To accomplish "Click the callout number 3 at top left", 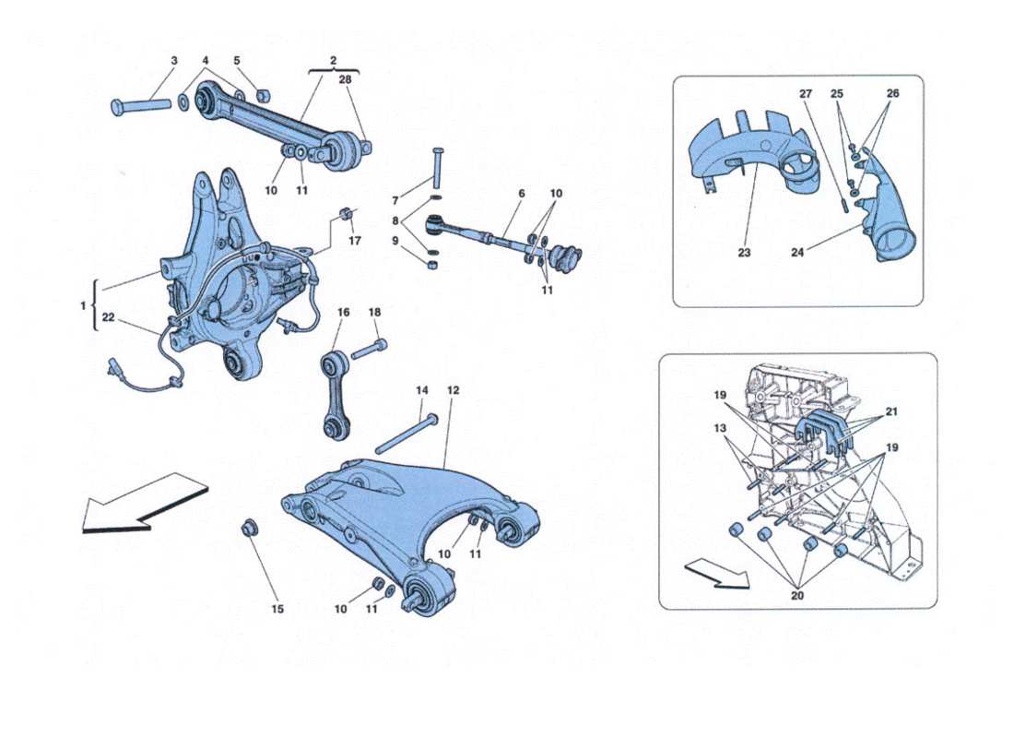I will click(x=173, y=61).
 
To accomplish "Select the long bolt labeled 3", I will click(x=141, y=104).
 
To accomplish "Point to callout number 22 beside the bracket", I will click(x=109, y=316).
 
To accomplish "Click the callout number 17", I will click(x=354, y=243).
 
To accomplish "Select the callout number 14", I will click(x=422, y=390).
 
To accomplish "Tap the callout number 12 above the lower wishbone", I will click(x=453, y=390).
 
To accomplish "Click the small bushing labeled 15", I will click(x=248, y=529).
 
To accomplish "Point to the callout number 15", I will click(x=277, y=609).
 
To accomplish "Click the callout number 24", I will click(x=796, y=251).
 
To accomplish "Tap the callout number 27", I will click(x=805, y=93).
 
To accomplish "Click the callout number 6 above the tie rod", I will click(x=522, y=194).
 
